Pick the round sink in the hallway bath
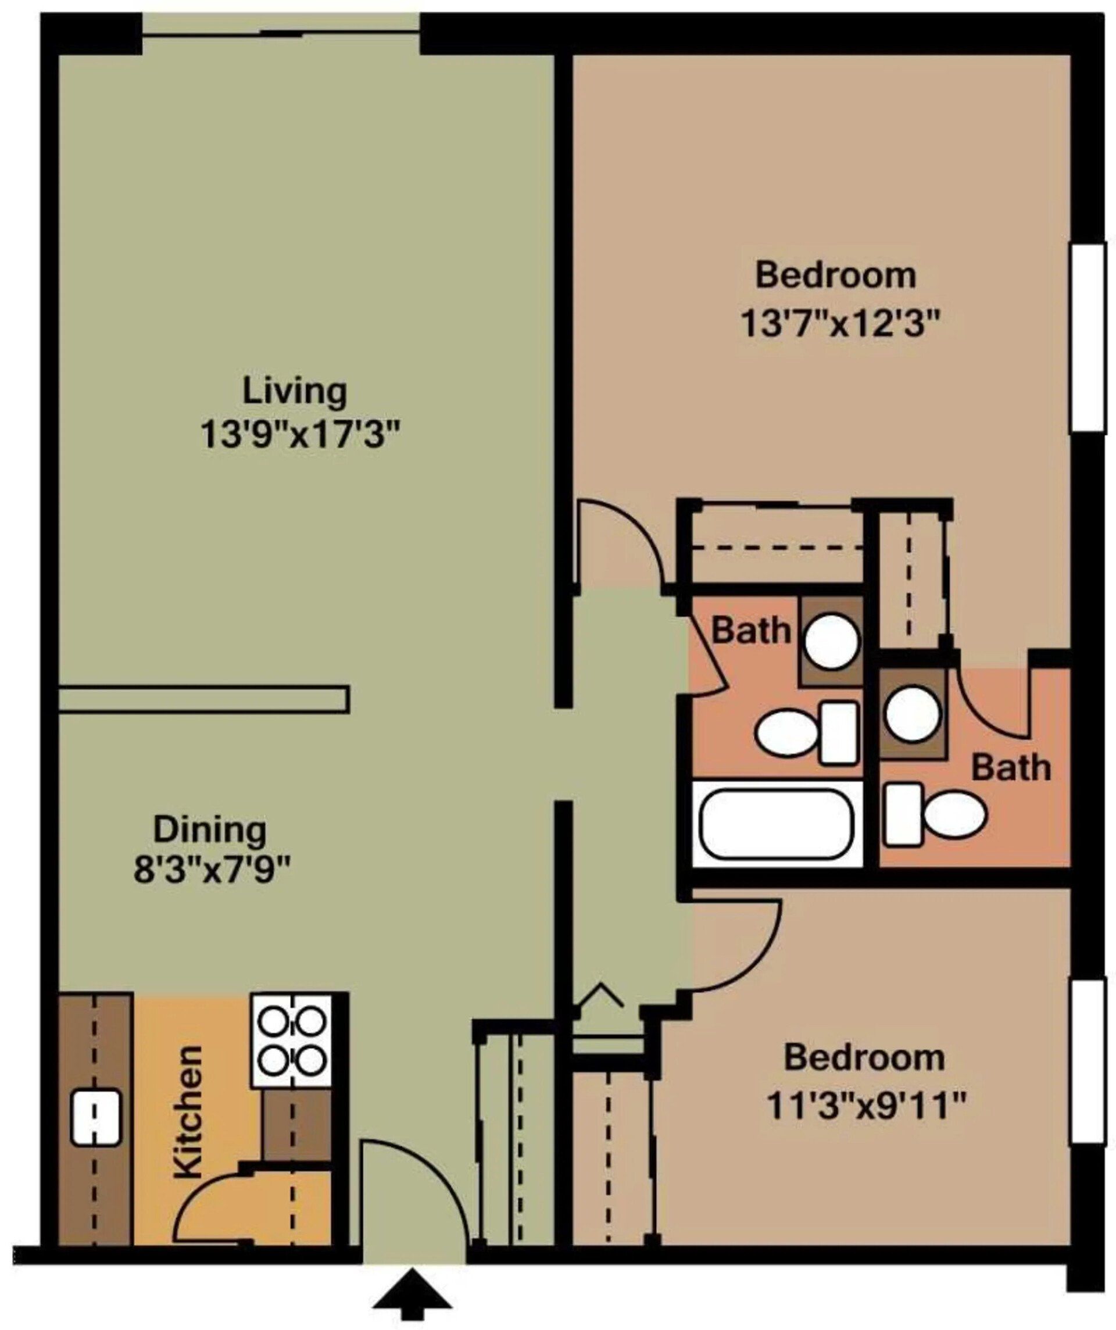point(832,641)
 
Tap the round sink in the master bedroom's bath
point(912,714)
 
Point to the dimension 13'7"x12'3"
point(839,325)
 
